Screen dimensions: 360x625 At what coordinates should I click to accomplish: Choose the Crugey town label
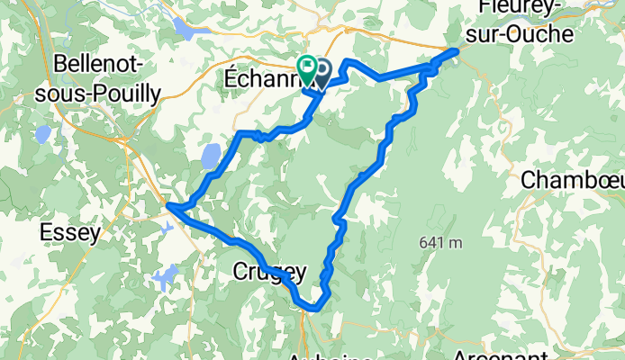(x=269, y=270)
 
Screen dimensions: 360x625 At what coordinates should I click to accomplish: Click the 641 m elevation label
(x=440, y=242)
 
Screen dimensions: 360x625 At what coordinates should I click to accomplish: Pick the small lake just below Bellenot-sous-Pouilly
(x=42, y=135)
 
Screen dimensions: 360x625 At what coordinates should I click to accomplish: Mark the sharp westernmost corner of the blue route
(x=168, y=207)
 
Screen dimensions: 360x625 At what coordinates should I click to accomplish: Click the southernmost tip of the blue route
(x=312, y=309)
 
